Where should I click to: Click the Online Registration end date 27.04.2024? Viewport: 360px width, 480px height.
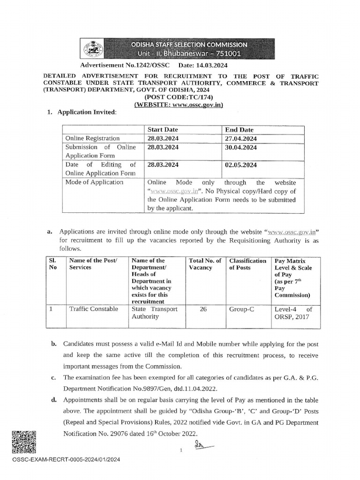(241, 138)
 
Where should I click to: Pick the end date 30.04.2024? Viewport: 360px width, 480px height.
(241, 147)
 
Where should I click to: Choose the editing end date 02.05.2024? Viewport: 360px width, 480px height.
(241, 165)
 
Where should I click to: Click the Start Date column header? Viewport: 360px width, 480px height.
(163, 129)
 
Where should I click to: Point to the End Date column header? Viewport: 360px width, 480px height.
(239, 129)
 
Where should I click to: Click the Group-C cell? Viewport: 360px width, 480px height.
(241, 309)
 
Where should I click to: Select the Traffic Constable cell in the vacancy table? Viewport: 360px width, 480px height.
(93, 309)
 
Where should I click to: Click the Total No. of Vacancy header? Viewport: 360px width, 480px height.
(205, 264)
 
